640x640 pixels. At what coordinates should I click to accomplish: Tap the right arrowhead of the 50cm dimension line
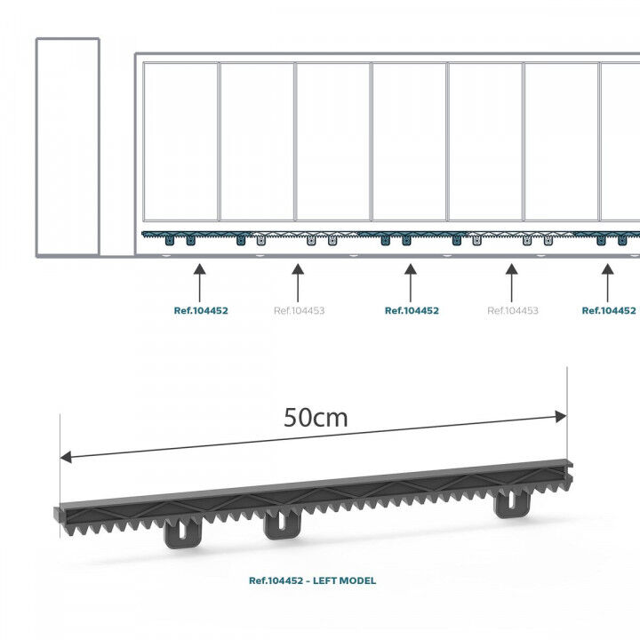pos(561,415)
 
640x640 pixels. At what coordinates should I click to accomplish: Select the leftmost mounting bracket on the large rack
pos(179,534)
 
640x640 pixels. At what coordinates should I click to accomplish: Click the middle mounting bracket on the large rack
pos(282,524)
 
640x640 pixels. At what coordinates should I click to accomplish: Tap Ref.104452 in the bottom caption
pos(276,580)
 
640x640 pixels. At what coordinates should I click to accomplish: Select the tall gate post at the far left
pos(67,147)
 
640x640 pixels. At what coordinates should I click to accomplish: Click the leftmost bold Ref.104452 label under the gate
pos(201,311)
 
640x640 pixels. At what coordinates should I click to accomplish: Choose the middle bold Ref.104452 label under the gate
pos(412,311)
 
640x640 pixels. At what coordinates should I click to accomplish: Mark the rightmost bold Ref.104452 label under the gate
pos(609,311)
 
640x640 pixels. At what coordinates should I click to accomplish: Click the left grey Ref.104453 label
pos(299,311)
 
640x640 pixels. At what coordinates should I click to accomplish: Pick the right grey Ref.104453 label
pos(513,311)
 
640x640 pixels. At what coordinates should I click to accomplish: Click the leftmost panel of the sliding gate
pos(181,140)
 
